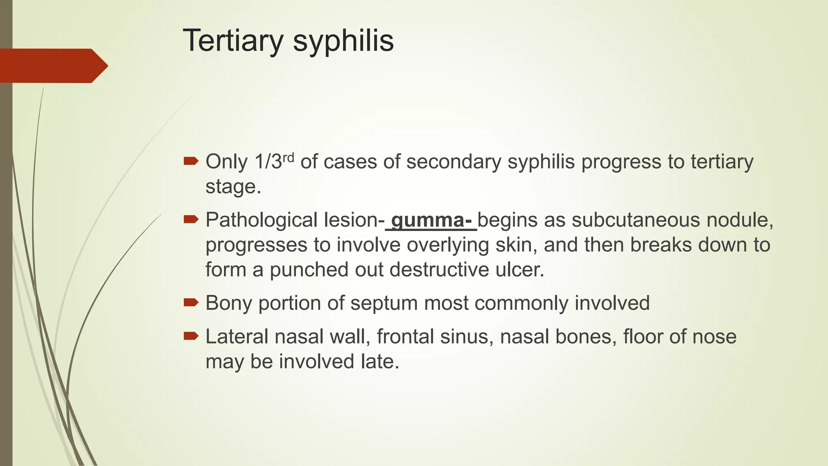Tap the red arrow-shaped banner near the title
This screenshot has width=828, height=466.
tap(53, 66)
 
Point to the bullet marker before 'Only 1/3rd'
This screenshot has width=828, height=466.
tap(191, 161)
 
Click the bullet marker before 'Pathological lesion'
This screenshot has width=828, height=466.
tap(191, 220)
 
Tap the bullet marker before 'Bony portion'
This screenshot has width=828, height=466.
tap(191, 303)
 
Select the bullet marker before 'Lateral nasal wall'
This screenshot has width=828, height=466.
tap(191, 336)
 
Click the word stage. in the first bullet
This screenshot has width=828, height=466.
tap(233, 187)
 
